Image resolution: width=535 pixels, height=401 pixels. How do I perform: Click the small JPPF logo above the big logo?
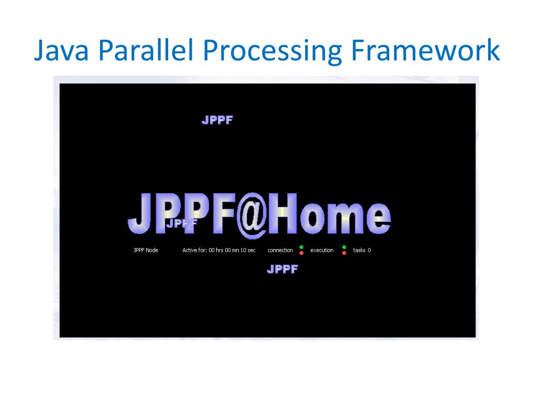(x=217, y=120)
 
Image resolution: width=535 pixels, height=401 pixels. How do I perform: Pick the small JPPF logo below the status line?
(x=282, y=269)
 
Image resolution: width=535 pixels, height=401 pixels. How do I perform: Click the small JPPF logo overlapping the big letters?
(x=181, y=223)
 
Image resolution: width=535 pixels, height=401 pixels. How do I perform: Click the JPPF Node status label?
(x=146, y=250)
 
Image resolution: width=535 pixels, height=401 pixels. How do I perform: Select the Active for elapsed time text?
(x=219, y=250)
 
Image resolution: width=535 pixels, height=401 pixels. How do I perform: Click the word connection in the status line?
(x=280, y=250)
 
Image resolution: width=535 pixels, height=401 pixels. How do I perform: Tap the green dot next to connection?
(x=301, y=247)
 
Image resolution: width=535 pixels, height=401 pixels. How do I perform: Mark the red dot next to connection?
(x=301, y=253)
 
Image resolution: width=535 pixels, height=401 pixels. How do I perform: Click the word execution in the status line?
(x=322, y=250)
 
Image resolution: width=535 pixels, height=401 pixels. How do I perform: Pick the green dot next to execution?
(x=344, y=247)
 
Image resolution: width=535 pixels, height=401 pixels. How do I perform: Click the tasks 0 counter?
(x=362, y=250)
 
